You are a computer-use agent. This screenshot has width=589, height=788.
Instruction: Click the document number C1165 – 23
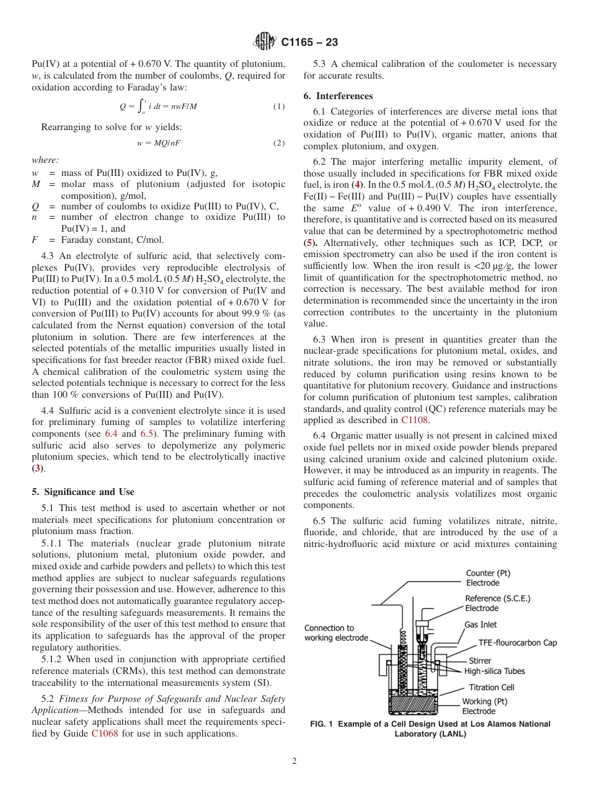click(x=309, y=43)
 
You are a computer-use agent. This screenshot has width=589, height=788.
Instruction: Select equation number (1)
click(x=279, y=107)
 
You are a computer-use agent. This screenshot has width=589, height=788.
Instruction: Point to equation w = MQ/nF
click(x=159, y=143)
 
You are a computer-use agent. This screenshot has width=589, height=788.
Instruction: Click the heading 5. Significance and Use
click(x=82, y=492)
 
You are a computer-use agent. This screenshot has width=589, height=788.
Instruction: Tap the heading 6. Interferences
click(x=338, y=96)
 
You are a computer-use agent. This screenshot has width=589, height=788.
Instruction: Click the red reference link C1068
click(x=104, y=734)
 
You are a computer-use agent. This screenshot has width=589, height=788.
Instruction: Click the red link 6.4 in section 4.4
click(x=111, y=434)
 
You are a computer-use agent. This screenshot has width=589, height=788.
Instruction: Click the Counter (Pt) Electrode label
click(x=489, y=578)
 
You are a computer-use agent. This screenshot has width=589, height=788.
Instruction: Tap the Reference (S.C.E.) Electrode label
click(x=498, y=603)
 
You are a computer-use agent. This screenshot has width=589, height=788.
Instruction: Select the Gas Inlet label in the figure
click(x=480, y=624)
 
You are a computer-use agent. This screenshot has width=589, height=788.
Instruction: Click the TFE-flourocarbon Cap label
click(x=517, y=642)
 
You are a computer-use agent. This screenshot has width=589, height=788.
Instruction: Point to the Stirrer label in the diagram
click(x=480, y=661)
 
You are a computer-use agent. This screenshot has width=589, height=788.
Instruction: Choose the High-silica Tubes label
click(x=494, y=671)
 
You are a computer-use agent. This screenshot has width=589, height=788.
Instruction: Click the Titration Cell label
click(x=492, y=687)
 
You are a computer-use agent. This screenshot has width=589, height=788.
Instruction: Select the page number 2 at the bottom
click(x=294, y=761)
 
